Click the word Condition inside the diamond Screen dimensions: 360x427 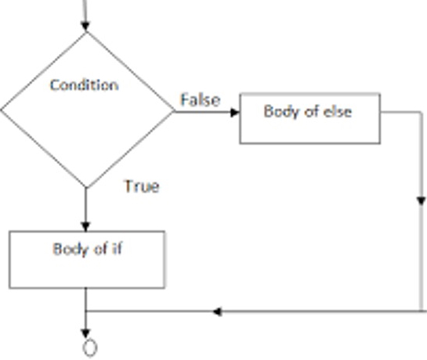84,85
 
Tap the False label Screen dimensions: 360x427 200,99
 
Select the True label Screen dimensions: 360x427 141,186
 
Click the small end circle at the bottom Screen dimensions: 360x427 89,347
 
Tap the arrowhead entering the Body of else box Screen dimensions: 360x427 234,112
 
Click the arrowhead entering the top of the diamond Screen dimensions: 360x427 86,26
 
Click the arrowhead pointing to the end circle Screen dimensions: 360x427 86,333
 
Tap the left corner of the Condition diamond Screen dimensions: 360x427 2,110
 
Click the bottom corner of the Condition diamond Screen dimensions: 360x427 86,189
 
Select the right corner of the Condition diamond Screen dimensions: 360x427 173,111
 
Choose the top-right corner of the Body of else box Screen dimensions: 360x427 380,95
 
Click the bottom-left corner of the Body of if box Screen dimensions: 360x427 9,287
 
